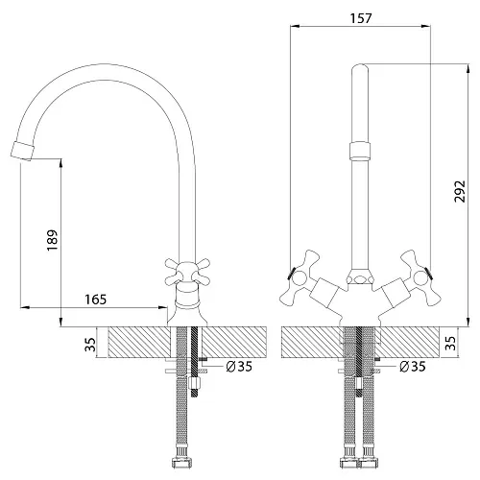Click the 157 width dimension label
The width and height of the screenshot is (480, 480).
click(x=361, y=18)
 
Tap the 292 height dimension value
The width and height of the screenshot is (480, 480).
click(x=460, y=191)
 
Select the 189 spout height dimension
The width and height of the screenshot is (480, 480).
click(x=53, y=240)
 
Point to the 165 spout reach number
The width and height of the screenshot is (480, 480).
click(x=95, y=300)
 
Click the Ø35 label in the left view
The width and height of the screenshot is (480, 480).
click(x=239, y=367)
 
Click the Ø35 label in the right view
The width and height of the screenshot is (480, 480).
click(x=413, y=367)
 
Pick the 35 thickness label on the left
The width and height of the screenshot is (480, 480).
click(x=90, y=345)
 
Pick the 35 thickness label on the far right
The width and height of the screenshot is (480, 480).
click(x=450, y=343)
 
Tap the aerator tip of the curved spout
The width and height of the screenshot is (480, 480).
click(x=22, y=151)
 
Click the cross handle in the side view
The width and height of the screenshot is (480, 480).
click(x=187, y=272)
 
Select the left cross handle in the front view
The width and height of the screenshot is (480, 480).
click(x=300, y=277)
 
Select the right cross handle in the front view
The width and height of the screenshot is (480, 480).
click(x=420, y=277)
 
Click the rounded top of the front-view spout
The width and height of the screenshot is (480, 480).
click(x=360, y=69)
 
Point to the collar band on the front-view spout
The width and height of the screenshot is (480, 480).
click(x=360, y=151)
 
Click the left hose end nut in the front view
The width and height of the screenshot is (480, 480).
click(x=348, y=463)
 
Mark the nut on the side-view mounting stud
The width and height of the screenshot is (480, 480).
click(x=195, y=383)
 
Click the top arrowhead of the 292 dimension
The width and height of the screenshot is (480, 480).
click(x=468, y=69)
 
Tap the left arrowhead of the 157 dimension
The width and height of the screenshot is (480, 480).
click(x=295, y=26)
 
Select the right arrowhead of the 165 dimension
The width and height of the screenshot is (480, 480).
click(x=163, y=307)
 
